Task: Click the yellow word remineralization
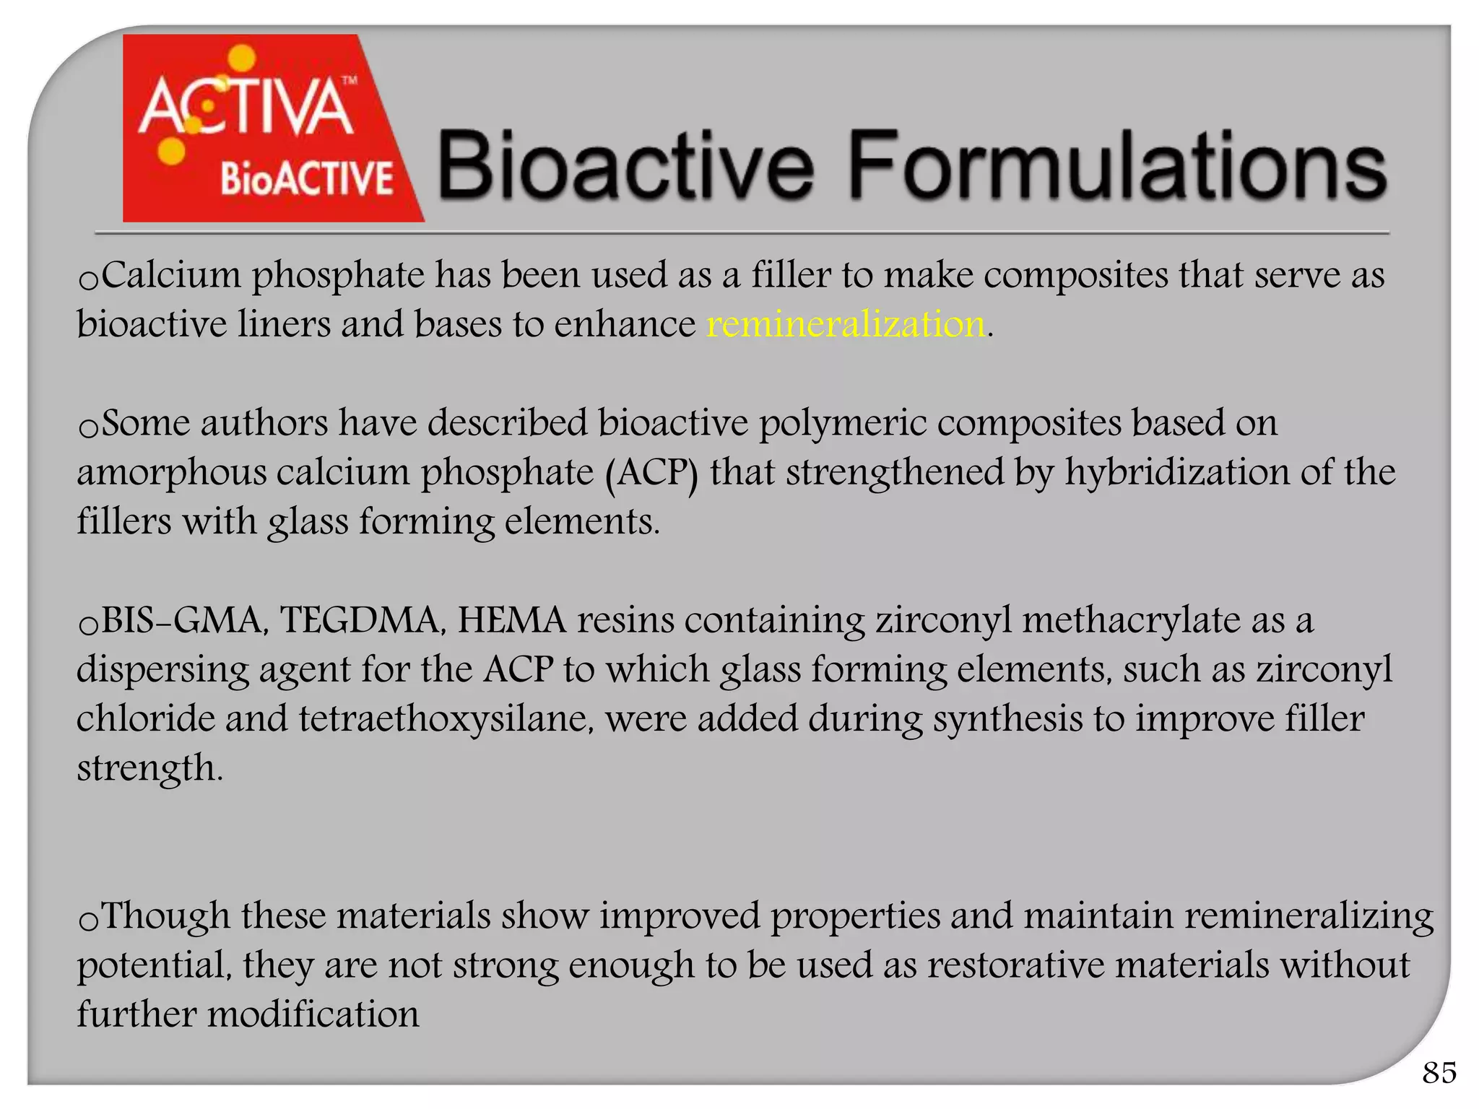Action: (846, 324)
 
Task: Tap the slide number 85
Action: (1439, 1073)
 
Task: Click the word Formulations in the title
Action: (1116, 165)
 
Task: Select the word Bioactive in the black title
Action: (625, 165)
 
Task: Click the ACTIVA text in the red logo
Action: (246, 108)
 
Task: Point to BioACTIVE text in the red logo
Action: (306, 178)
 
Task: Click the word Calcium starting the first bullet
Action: (171, 275)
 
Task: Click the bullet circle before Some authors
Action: (88, 428)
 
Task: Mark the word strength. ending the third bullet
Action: (149, 768)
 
